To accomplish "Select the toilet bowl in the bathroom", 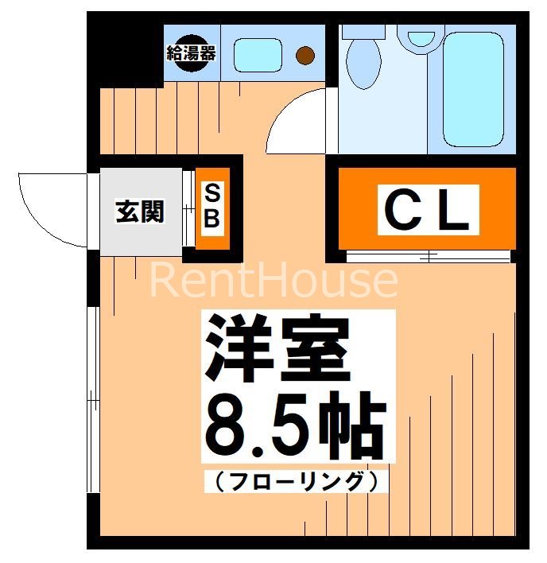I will (364, 62).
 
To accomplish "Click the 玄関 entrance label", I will (140, 212).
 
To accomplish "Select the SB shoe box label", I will (212, 207).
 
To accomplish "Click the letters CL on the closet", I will (428, 209).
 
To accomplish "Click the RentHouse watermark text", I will (273, 281).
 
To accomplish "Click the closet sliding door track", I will (428, 256).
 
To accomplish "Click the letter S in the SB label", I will (212, 193).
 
